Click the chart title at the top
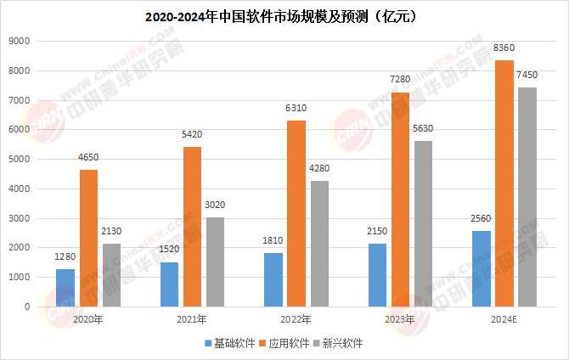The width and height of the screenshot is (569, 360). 284,16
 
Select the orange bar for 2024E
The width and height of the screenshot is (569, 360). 504,183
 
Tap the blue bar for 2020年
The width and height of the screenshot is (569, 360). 66,287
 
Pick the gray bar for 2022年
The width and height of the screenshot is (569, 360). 319,243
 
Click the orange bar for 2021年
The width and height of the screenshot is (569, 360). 192,226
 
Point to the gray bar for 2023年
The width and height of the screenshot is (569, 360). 423,223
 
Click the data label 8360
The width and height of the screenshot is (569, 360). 504,49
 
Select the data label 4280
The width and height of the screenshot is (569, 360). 319,169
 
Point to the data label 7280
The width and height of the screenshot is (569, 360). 399,81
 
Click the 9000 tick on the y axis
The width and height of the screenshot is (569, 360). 20,41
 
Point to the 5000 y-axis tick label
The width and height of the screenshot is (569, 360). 20,159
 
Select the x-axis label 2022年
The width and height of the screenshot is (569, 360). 296,320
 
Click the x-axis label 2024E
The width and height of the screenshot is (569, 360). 504,320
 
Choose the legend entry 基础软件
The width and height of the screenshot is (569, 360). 230,344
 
